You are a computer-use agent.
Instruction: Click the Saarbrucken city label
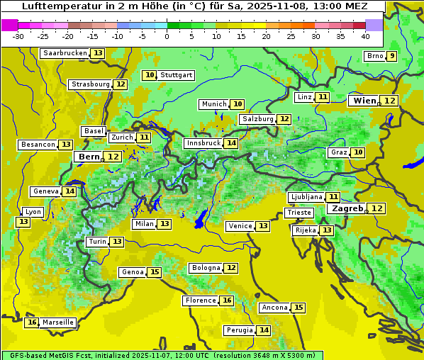coord(65,53)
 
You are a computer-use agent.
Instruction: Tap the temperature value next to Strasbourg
coord(121,84)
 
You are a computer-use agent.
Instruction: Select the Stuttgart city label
coord(176,75)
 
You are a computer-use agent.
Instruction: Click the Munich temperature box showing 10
coord(238,104)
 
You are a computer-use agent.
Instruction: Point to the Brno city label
coord(374,56)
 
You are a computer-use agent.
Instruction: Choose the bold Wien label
coord(364,101)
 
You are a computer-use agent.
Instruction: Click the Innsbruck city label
coord(203,143)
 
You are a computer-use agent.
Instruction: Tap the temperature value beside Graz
coord(358,152)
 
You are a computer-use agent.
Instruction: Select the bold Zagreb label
coord(347,208)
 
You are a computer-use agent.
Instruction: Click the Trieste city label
coord(299,213)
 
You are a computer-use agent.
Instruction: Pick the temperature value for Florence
coord(226,300)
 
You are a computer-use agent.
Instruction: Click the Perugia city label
coord(239,330)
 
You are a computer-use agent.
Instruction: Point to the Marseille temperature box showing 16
coord(32,322)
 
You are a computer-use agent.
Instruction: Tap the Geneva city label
coord(45,191)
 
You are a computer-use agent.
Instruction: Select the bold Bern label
coord(89,157)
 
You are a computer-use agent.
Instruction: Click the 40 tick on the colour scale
coord(365,35)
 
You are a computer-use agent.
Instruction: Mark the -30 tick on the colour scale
coord(18,35)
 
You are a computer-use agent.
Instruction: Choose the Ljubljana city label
coord(306,197)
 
